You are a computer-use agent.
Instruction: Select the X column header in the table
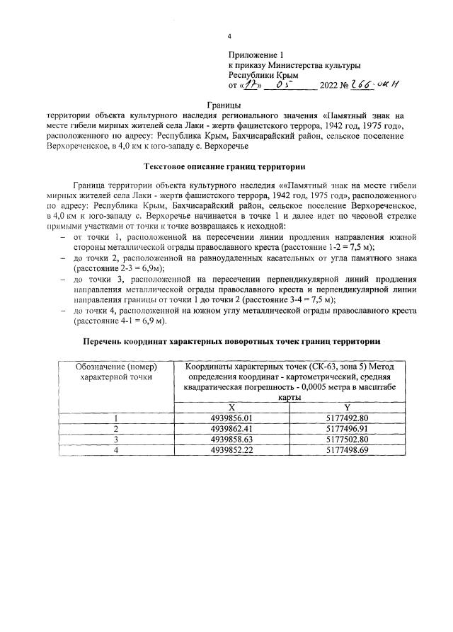[x=231, y=407]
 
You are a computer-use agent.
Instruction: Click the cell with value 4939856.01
[x=231, y=418]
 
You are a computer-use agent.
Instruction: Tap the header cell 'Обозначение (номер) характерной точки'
[x=117, y=372]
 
